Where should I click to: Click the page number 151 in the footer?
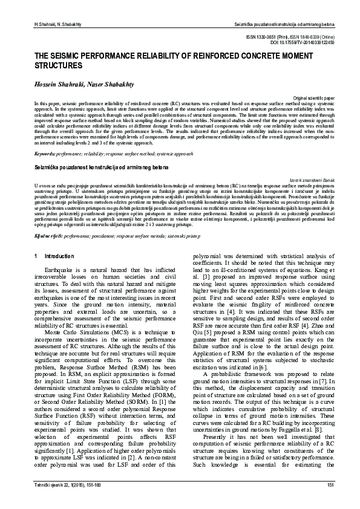point(330,485)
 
